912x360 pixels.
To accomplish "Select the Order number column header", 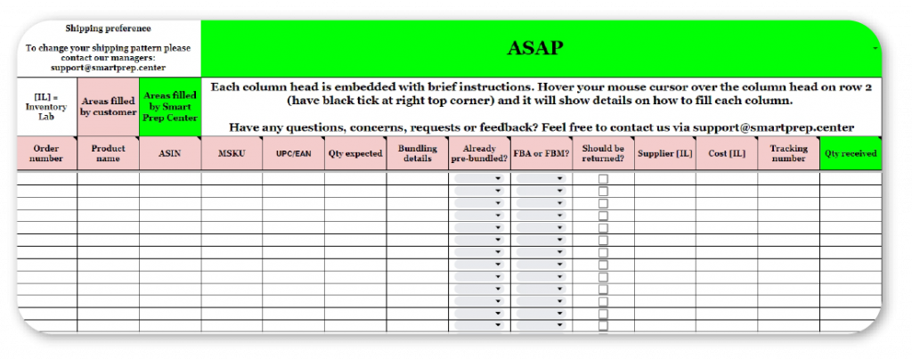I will [46, 153].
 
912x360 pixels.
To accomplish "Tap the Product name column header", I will [108, 153].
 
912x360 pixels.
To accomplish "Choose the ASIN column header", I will [170, 153].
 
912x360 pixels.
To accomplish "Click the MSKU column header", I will [232, 153].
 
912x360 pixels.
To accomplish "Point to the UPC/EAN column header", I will [293, 153].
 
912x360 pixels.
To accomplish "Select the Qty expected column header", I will [354, 153].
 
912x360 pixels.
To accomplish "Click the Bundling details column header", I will [417, 153].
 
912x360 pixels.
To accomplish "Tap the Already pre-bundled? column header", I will [479, 153].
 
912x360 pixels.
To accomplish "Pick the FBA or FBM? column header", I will [541, 153].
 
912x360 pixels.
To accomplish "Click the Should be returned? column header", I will [603, 153].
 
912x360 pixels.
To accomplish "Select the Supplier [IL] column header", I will [664, 153].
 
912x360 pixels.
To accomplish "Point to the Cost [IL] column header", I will [726, 153].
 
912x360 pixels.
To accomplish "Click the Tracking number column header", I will [788, 153].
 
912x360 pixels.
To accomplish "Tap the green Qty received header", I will [850, 153].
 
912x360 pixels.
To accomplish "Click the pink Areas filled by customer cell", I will [108, 107].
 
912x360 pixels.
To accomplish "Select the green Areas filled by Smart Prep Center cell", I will [170, 107].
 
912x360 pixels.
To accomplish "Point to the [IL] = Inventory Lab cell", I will [46, 107].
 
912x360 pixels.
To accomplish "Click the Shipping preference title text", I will [108, 29].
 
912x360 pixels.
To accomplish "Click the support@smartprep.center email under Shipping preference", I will [108, 67].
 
